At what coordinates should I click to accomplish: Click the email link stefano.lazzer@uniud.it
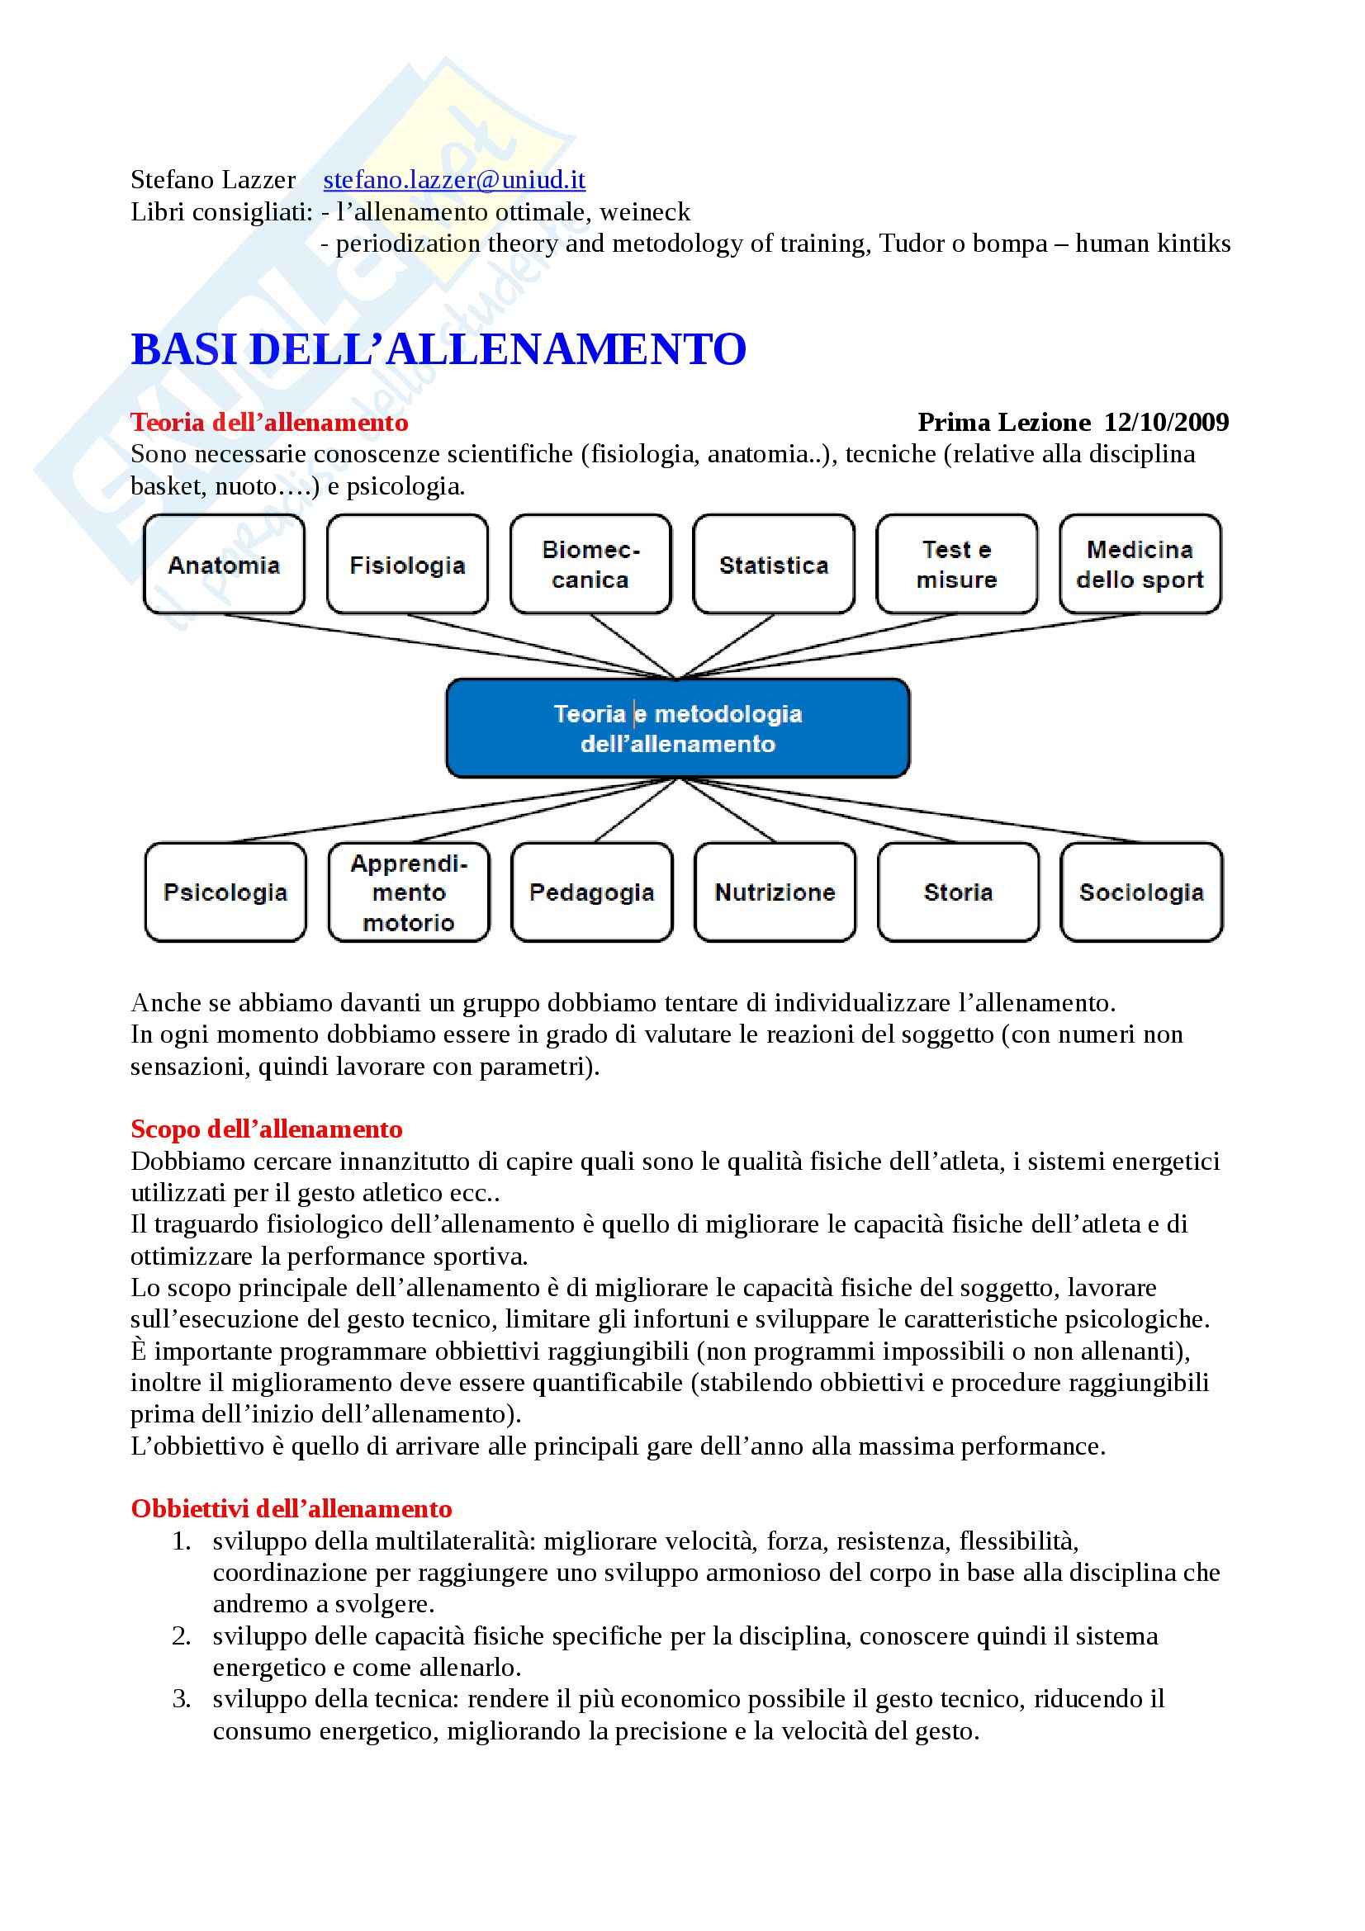tap(454, 180)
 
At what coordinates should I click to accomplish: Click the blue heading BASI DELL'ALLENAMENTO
tap(438, 350)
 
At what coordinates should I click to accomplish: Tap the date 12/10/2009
tap(1166, 422)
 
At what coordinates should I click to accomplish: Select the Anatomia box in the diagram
tap(224, 565)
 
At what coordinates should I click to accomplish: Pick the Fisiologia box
tap(407, 565)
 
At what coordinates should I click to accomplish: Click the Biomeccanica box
tap(590, 565)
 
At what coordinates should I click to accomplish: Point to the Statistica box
tap(774, 565)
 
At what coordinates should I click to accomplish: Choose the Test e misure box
tap(956, 565)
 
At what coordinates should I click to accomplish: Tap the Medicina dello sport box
tap(1140, 565)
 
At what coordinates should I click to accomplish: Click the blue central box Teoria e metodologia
tap(678, 728)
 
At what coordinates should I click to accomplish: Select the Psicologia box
tap(225, 892)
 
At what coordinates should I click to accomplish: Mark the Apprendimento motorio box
tap(409, 892)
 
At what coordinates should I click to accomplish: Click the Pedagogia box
tap(592, 892)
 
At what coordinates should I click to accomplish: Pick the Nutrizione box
tap(775, 892)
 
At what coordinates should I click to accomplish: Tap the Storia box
tap(958, 892)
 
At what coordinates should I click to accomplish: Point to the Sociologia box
tap(1141, 892)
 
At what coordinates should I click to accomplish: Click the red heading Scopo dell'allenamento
tap(267, 1129)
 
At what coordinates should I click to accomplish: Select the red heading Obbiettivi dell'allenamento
tap(291, 1509)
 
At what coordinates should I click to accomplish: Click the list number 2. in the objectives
tap(182, 1635)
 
